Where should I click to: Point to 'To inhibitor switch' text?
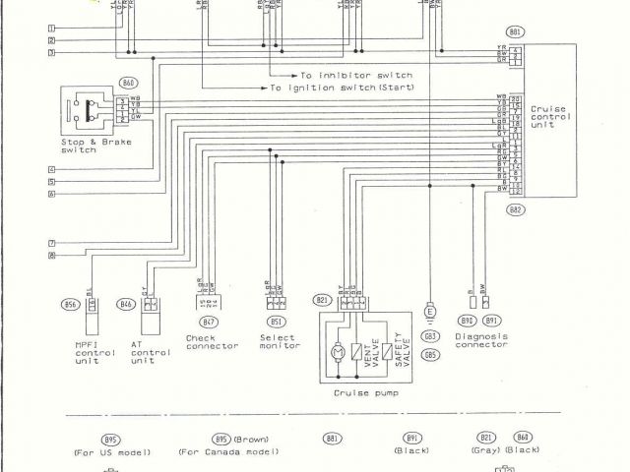tap(357, 75)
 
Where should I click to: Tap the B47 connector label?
tap(208, 322)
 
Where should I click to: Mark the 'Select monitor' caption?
tap(279, 341)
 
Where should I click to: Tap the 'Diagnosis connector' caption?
tap(481, 340)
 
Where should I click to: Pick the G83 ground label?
tap(430, 335)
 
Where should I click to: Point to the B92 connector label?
tap(468, 321)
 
